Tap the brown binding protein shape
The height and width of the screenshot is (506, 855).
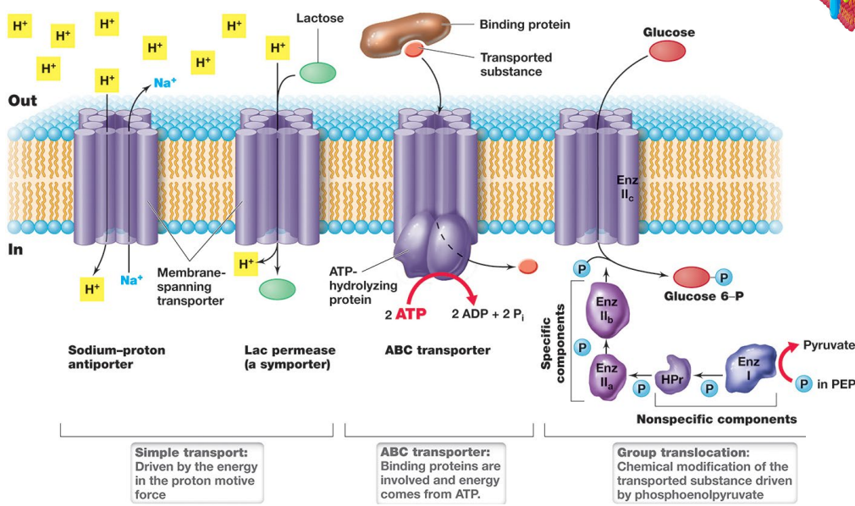point(407,32)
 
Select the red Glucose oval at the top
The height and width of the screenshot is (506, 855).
point(668,52)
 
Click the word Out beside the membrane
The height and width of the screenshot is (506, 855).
point(23,101)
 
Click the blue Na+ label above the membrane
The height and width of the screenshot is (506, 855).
point(165,83)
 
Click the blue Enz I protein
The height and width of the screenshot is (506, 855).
point(748,366)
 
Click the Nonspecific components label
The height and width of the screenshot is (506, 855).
point(716,419)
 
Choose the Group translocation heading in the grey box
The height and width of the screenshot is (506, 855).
point(683,453)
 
